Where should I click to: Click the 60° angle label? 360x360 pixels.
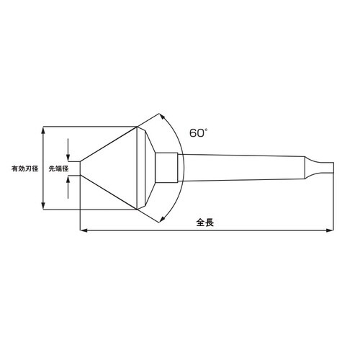pos(199,133)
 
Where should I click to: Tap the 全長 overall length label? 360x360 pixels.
pos(204,222)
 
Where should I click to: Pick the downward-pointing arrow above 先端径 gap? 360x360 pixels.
pos(68,157)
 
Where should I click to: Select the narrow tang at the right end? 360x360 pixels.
pos(325,168)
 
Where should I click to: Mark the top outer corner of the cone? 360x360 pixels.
pos(137,127)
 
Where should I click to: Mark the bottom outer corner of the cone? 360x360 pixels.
pos(137,210)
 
